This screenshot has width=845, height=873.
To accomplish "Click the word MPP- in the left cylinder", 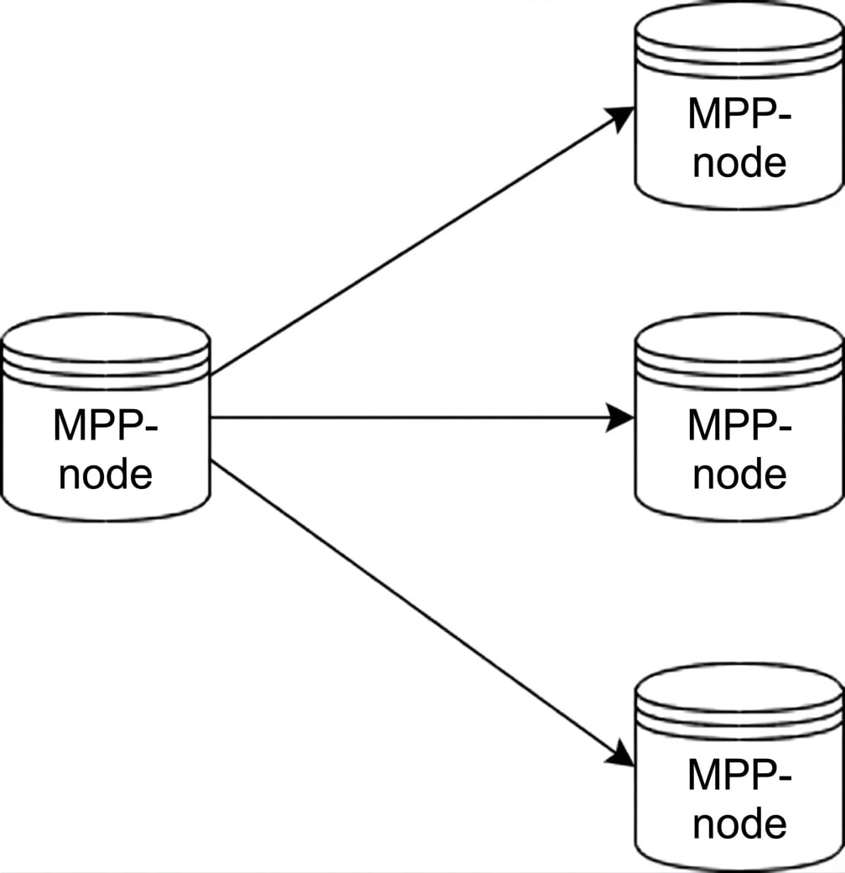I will click(106, 425).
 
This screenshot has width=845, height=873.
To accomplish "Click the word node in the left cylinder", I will click(106, 475).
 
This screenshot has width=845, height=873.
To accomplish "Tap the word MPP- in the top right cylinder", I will click(739, 114).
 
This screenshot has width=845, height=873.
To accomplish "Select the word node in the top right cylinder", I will click(739, 163).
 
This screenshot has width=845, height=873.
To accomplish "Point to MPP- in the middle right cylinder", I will click(739, 425).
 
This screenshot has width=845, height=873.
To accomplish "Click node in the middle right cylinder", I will click(739, 475).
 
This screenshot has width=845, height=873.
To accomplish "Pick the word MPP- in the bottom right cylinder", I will click(739, 775).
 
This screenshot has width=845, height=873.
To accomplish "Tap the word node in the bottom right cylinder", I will click(739, 824).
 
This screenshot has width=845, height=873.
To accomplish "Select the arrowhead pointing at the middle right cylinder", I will click(620, 417).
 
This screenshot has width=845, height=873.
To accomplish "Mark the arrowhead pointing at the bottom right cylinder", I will click(621, 754).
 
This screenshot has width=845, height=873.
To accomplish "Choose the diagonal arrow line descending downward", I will click(411, 601).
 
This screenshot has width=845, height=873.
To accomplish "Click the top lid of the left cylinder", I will click(106, 336).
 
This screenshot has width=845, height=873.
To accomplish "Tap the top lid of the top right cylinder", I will click(739, 25).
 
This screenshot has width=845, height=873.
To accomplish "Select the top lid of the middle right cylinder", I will click(739, 336).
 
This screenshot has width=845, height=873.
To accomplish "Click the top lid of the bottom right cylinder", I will click(739, 686).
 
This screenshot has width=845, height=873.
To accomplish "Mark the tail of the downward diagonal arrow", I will click(215, 462).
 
